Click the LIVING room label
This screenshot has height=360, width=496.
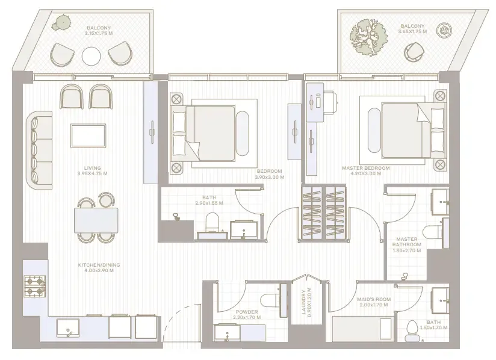(93, 168)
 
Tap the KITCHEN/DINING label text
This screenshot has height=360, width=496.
(96, 265)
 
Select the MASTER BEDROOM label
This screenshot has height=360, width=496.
(365, 168)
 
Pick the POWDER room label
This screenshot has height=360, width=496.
(247, 312)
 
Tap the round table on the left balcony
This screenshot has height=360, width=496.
(91, 56)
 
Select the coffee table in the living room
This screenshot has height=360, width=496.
(88, 135)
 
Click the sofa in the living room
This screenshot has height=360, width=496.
(39, 147)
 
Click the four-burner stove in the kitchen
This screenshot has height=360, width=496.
(35, 286)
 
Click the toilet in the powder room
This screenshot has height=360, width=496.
(270, 298)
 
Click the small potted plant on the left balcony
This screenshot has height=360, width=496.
(60, 23)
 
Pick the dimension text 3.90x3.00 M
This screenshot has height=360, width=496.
(268, 178)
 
